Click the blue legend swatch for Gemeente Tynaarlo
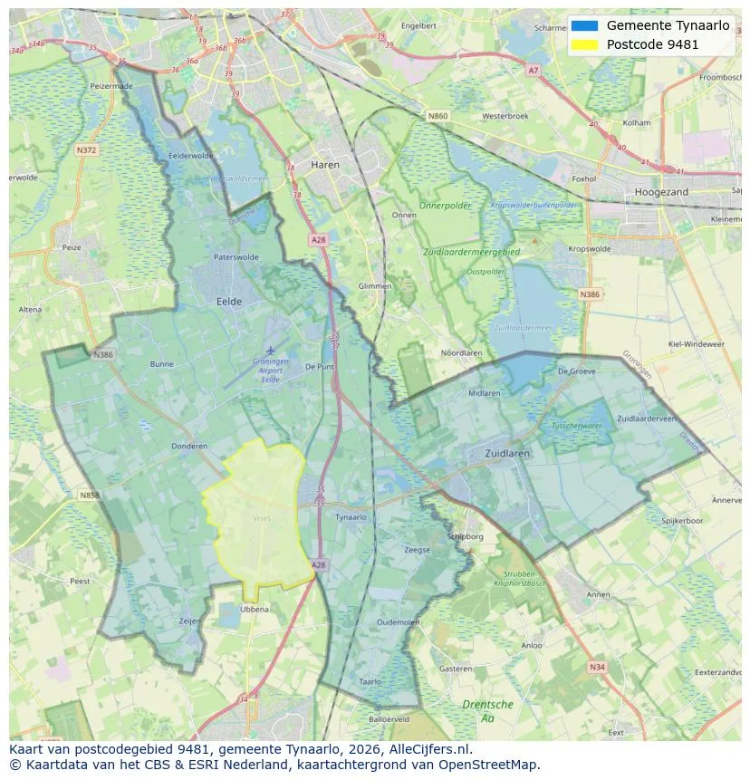(x=585, y=25)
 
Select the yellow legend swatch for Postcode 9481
(x=585, y=44)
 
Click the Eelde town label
(x=228, y=301)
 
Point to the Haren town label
(x=324, y=165)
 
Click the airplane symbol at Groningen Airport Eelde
(x=270, y=350)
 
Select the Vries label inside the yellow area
(x=262, y=518)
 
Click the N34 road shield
(x=596, y=667)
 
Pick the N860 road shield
(x=437, y=116)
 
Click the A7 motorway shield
(x=533, y=70)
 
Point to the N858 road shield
(x=89, y=496)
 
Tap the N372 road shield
(x=87, y=149)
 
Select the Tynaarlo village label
(x=351, y=517)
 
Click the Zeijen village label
(x=189, y=621)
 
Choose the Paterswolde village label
(x=236, y=257)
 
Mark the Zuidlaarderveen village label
(x=647, y=419)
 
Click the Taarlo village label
(x=370, y=681)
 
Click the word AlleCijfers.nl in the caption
(x=426, y=749)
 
